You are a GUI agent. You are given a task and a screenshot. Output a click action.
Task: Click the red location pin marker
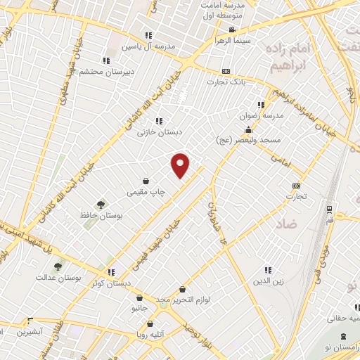tap(181, 166)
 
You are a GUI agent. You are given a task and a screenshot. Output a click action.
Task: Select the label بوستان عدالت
tap(59, 277)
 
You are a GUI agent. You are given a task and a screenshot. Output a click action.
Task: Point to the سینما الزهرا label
tap(233, 41)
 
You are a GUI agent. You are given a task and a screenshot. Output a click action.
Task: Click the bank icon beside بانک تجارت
tap(226, 71)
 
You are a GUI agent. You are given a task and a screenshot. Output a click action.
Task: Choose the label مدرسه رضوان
tap(267, 115)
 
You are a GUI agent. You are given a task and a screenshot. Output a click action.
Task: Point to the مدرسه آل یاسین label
tap(147, 47)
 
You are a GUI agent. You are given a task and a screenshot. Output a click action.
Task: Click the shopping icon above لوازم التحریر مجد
tap(183, 289)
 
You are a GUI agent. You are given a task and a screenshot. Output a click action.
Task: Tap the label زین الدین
tap(268, 281)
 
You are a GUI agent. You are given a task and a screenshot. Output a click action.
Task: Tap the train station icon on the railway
tap(330, 210)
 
